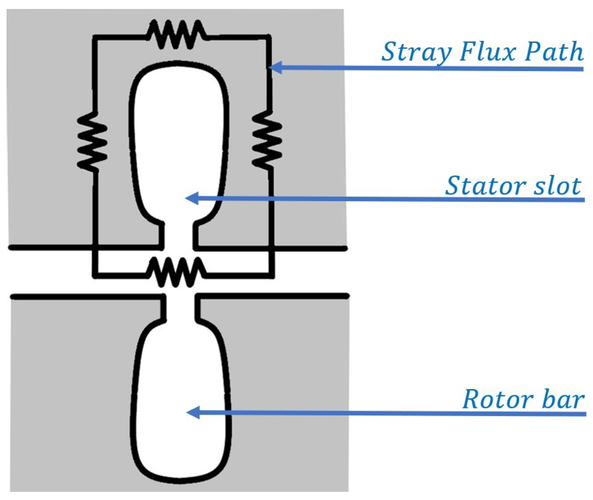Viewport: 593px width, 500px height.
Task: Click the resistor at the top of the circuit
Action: tap(176, 34)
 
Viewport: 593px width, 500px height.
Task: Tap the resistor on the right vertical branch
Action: tap(267, 139)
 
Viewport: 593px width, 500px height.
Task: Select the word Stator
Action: tap(481, 186)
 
